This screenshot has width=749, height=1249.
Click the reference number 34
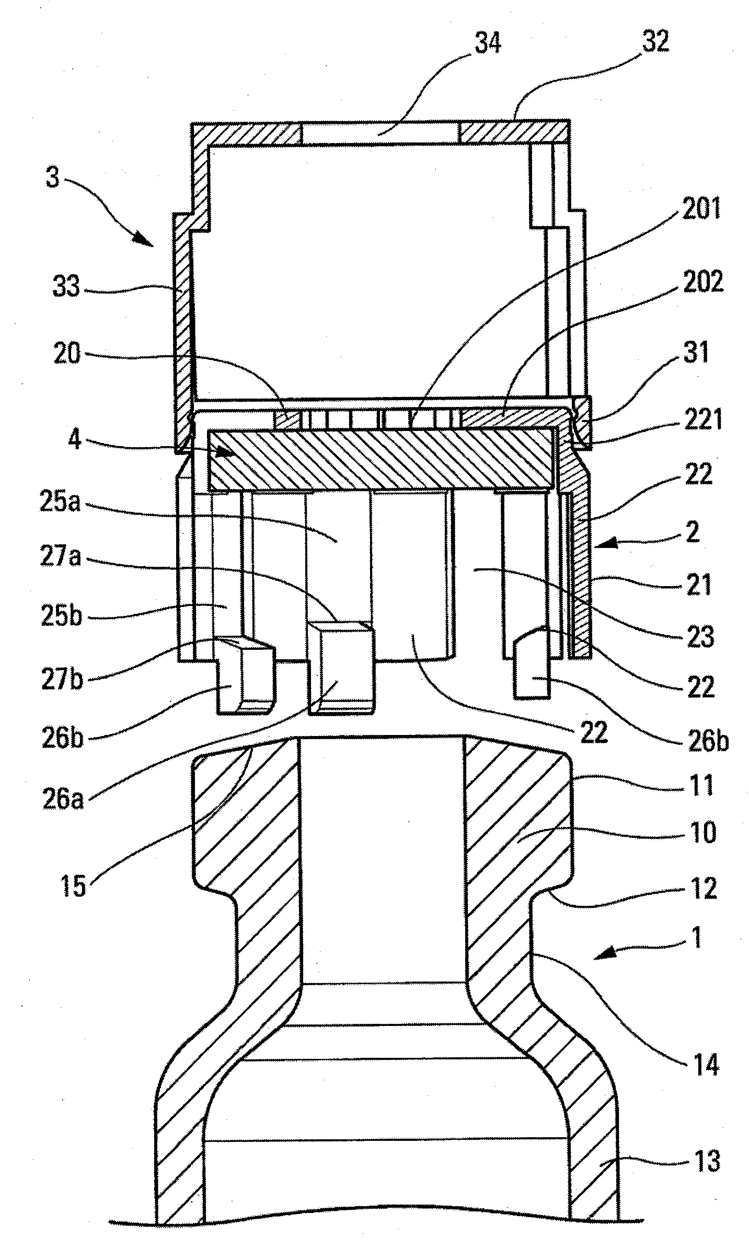coord(487,43)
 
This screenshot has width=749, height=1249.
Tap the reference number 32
coord(655,41)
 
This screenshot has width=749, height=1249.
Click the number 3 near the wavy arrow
coord(53,178)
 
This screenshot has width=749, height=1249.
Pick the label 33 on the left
coord(67,287)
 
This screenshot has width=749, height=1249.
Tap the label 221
coord(704,420)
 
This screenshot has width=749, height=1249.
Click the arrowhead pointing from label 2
coord(601,545)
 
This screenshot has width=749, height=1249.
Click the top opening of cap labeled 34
coord(380,133)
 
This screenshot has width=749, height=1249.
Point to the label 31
coord(696,353)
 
